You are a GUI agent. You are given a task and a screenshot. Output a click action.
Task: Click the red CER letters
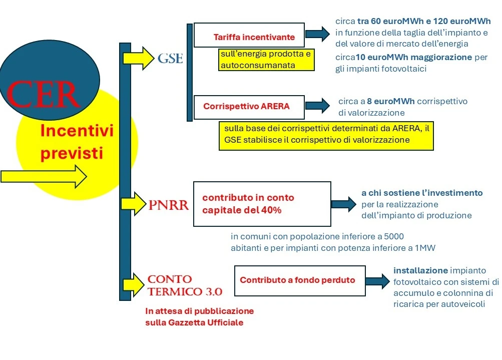(x=43, y=95)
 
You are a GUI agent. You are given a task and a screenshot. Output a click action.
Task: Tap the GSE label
(x=170, y=58)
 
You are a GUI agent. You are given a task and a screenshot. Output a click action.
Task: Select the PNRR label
(x=169, y=205)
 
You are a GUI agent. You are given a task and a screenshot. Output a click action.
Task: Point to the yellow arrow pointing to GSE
(x=139, y=58)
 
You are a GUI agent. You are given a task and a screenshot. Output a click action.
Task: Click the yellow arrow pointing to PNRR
(x=134, y=204)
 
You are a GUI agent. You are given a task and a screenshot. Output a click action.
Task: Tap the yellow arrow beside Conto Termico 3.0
(x=134, y=285)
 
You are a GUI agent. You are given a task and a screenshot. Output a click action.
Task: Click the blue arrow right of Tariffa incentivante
(x=318, y=34)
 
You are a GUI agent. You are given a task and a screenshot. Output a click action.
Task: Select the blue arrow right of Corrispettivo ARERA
(x=318, y=106)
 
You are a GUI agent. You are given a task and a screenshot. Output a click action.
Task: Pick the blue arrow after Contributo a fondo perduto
(x=378, y=281)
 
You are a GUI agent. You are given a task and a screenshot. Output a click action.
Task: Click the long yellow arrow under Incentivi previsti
(x=44, y=176)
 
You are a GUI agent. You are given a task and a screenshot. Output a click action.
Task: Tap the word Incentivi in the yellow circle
(x=77, y=131)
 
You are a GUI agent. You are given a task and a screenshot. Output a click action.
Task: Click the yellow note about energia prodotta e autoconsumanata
(x=266, y=60)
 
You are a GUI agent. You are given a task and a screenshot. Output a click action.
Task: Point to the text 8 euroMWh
(x=391, y=101)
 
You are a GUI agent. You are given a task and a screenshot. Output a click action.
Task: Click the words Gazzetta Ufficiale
(x=206, y=322)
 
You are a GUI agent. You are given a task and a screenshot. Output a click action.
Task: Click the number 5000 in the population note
(x=394, y=236)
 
